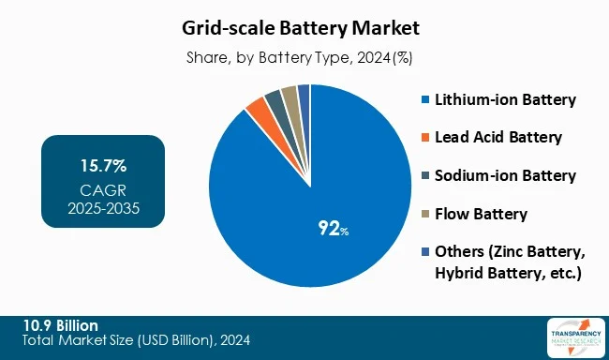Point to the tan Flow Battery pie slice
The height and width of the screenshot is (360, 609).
(290, 94)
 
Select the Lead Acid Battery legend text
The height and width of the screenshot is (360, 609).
(498, 137)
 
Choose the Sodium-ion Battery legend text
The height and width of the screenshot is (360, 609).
(505, 175)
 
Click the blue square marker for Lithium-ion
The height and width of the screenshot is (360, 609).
(426, 99)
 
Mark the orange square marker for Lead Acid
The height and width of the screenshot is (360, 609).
(426, 138)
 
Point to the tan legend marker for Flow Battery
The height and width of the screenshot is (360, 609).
(426, 215)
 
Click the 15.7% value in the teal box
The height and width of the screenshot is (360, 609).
(103, 167)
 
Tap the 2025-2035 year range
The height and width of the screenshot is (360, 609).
(103, 207)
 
